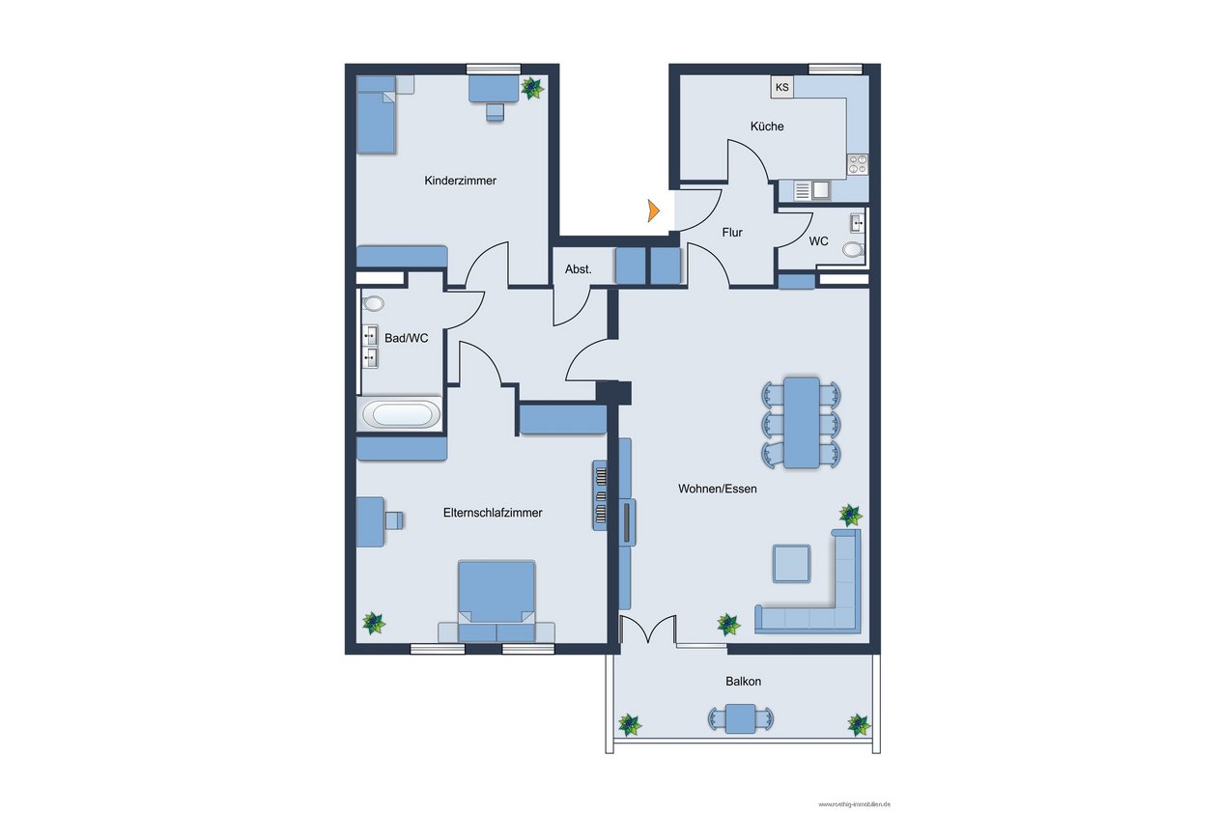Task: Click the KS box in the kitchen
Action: [781, 87]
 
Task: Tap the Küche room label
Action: [767, 126]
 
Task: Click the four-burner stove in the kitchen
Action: [857, 164]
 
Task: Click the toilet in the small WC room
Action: [853, 249]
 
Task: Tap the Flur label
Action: [732, 233]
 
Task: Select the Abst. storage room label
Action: [578, 269]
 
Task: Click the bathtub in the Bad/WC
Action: [401, 414]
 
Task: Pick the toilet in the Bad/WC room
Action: [373, 303]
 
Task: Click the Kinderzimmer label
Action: [460, 181]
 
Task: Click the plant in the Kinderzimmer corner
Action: [532, 88]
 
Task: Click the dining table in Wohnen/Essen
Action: [801, 423]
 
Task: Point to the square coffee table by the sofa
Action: [791, 564]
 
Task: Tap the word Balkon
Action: [743, 682]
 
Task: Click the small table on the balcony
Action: [741, 718]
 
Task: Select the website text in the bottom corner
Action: [854, 803]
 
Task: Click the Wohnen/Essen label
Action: [718, 489]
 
